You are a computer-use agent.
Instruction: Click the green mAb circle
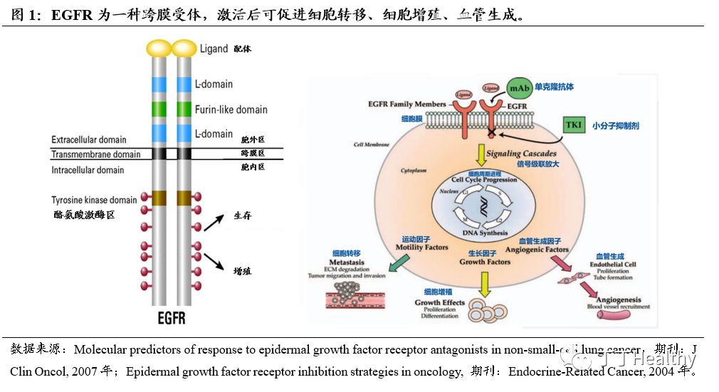[x=518, y=89]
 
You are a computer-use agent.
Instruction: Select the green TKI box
[x=574, y=125]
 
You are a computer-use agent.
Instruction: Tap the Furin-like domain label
[x=231, y=110]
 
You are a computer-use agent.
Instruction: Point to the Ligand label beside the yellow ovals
[x=214, y=49]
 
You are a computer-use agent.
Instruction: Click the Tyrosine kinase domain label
[x=93, y=200]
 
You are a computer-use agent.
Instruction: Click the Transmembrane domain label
[x=96, y=154]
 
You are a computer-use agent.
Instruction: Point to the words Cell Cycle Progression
[x=483, y=180]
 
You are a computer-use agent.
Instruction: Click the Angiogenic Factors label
[x=536, y=250]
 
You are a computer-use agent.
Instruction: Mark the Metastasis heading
[x=347, y=262]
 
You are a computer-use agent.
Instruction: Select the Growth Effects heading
[x=439, y=302]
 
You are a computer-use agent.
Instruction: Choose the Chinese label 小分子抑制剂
[x=616, y=126]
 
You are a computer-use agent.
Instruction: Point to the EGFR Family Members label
[x=407, y=105]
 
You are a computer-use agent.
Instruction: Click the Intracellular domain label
[x=88, y=170]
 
